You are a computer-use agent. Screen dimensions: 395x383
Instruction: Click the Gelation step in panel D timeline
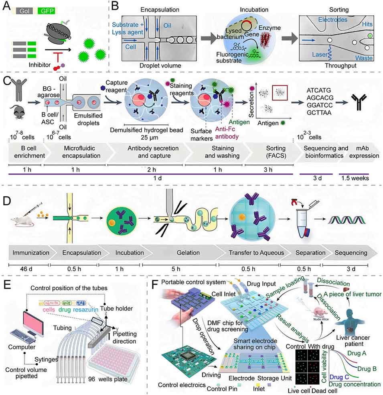187,253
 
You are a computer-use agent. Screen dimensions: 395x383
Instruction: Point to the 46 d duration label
28,269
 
